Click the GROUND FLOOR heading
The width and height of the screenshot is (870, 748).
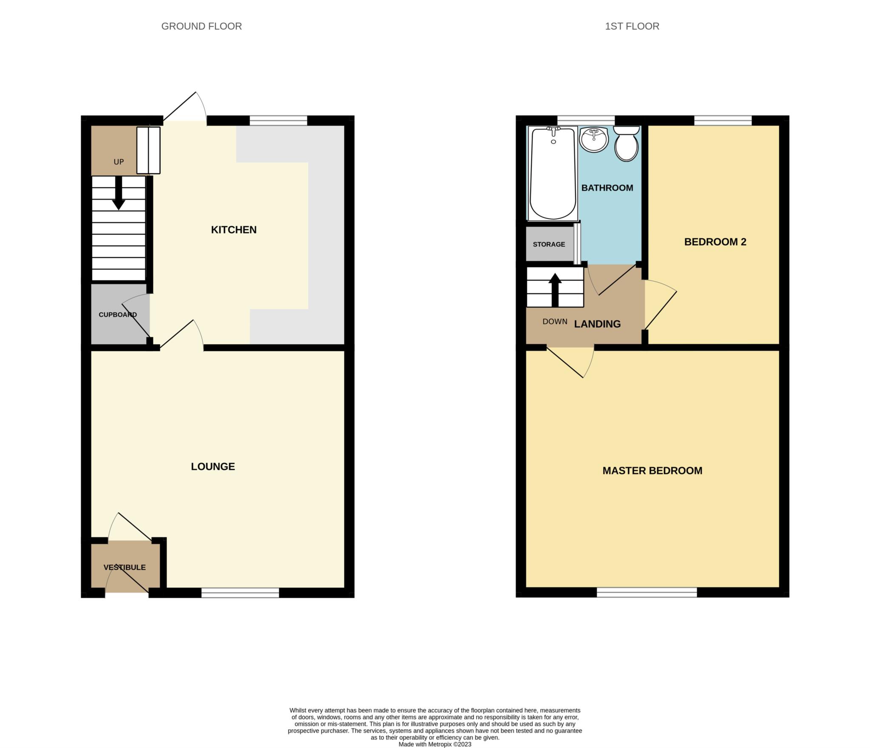(201, 26)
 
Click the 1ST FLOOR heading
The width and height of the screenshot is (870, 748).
(632, 26)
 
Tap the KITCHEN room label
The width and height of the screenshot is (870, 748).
(234, 230)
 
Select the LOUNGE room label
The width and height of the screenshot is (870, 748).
(213, 467)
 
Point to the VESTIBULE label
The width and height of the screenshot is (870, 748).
(124, 567)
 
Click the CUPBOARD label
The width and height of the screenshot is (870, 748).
(118, 315)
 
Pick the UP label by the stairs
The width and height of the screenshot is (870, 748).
(119, 162)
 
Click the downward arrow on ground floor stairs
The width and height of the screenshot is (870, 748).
(119, 194)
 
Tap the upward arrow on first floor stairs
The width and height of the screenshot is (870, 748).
(555, 290)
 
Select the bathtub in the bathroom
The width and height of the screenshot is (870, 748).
(553, 174)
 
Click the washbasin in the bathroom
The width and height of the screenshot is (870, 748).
(594, 139)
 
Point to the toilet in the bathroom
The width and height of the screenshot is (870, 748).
(627, 144)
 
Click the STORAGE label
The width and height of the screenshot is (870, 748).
(549, 245)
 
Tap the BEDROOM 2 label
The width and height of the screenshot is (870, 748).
(715, 242)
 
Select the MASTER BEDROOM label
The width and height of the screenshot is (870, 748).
(652, 470)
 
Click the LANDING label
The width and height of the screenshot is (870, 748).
(597, 324)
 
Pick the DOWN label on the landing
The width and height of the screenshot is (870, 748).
(555, 321)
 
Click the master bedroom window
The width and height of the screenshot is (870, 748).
(647, 593)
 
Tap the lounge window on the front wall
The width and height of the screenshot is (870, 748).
(240, 593)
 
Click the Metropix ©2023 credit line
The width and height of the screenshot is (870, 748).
(435, 744)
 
